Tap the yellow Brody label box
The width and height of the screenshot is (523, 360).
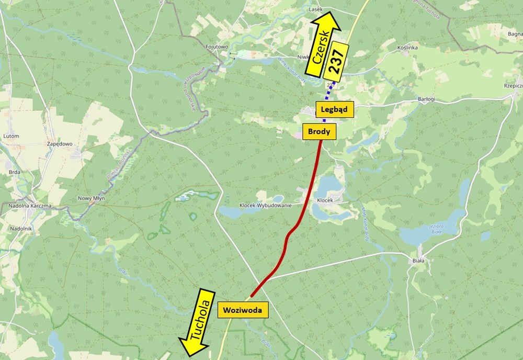pos(320,131)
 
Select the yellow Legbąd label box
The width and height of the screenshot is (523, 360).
pos(335,109)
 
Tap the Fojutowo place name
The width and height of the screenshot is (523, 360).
pos(217,47)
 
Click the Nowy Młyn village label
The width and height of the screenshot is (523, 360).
pos(92,198)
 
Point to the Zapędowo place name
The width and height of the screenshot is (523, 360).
pos(59,144)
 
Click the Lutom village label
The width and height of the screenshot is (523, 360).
pos(11,136)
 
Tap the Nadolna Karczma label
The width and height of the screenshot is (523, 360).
pos(30,206)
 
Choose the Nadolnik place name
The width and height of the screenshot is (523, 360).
pos(21,228)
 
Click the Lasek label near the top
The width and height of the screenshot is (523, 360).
pos(316,9)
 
